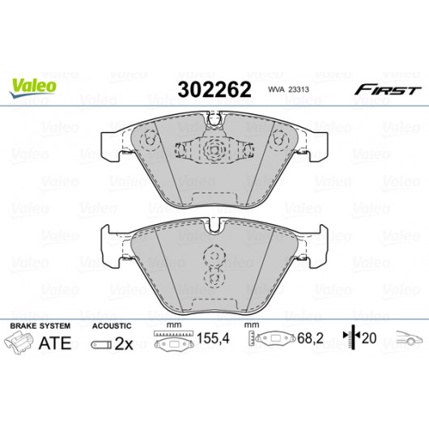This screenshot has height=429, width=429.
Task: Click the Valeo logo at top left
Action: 33,87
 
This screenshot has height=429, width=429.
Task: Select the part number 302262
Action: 214,90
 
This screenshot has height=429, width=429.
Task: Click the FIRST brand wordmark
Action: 388,90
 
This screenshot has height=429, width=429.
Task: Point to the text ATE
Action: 55,343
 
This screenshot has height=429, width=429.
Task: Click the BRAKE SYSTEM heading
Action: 40,326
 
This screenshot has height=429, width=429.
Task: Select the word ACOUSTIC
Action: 112,326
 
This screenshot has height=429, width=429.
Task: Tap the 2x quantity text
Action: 124,344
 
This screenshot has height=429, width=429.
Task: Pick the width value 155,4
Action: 213,338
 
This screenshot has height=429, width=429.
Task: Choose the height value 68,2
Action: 310,338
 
